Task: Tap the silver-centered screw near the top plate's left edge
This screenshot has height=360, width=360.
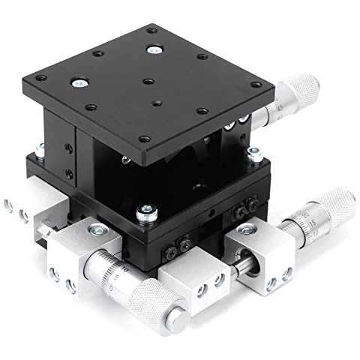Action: tap(77, 82)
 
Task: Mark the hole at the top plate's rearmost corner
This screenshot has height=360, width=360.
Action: tap(153, 31)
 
